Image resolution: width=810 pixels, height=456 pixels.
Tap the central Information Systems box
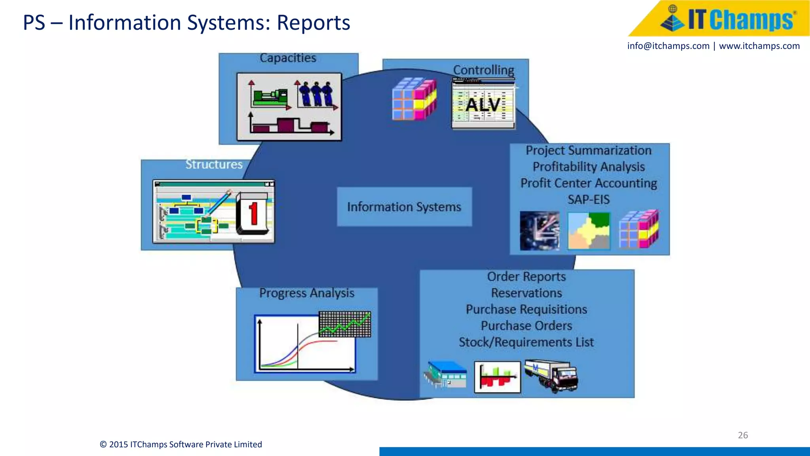[404, 207]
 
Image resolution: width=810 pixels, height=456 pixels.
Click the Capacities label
[288, 58]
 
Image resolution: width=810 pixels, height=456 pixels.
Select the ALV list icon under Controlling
[483, 104]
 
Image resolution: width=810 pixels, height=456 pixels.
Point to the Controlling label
[483, 70]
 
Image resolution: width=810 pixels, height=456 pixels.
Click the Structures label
[214, 164]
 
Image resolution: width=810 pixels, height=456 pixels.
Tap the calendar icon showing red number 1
[252, 214]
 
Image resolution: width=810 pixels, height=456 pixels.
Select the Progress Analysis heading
[307, 293]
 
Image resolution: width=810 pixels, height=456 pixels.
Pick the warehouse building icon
[446, 374]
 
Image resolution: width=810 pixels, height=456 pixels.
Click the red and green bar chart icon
[497, 377]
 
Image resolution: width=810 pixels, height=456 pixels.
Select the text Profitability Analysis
[589, 167]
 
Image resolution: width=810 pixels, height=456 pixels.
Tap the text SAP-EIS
[589, 199]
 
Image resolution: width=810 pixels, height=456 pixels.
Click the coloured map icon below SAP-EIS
[589, 231]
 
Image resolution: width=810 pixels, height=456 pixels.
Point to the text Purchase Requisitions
[526, 309]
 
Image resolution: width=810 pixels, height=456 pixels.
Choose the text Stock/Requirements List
[526, 342]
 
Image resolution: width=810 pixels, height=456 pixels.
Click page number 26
[743, 435]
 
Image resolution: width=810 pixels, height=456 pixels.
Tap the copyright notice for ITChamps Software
[181, 444]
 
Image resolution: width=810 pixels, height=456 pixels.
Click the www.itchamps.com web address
[759, 46]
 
